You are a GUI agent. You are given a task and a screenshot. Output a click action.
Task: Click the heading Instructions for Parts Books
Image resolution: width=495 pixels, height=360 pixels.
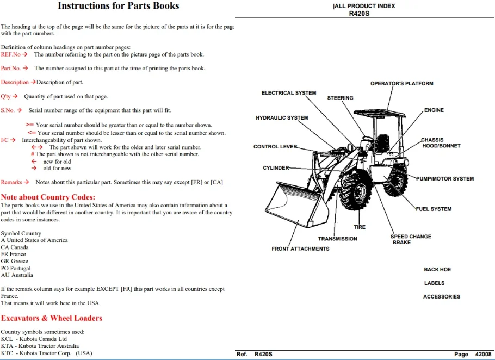tap(119, 5)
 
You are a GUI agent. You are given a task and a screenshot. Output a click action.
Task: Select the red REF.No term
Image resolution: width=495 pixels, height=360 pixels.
tap(11, 54)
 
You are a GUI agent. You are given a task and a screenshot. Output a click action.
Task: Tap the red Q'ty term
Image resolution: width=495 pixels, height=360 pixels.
tap(5, 97)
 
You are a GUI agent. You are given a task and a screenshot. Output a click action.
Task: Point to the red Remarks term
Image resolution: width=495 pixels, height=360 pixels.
tap(11, 182)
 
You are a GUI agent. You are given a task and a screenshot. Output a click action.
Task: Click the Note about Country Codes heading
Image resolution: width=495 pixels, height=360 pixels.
tap(48, 197)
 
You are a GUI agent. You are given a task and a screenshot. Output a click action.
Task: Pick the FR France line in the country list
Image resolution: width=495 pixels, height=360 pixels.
tap(13, 254)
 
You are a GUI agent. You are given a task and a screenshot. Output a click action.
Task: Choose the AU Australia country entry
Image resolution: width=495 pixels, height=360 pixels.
tap(17, 275)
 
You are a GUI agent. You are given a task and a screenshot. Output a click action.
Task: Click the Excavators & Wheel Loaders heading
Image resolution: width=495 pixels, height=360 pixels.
tap(52, 318)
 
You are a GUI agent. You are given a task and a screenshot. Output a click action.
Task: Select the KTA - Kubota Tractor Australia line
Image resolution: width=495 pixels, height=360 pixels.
tap(40, 346)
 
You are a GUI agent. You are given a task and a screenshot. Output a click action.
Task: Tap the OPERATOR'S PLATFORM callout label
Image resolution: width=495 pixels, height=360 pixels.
tap(402, 84)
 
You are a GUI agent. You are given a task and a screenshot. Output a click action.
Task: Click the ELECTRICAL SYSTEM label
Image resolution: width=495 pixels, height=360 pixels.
tap(289, 93)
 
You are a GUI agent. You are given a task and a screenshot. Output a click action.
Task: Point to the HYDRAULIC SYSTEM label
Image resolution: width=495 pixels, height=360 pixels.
tap(282, 118)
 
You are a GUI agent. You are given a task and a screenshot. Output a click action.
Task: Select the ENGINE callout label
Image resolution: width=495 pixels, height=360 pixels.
tap(434, 110)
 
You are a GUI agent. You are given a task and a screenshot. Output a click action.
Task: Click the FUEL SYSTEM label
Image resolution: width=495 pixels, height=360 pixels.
tap(434, 209)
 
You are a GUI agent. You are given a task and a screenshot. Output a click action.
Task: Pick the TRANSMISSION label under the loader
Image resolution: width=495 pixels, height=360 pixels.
tap(337, 239)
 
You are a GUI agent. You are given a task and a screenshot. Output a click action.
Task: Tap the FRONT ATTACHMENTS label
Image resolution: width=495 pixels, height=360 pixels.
tap(300, 249)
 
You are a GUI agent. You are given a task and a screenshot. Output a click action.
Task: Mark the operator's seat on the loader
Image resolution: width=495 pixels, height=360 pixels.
tap(382, 144)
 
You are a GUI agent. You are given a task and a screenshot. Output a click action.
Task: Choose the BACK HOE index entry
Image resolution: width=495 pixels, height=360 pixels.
tap(437, 269)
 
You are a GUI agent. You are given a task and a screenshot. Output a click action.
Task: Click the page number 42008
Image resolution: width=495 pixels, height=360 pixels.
tap(484, 355)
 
